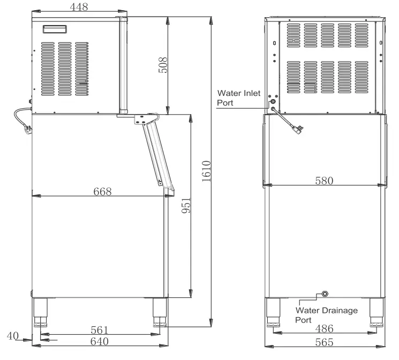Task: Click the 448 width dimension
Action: [79, 6]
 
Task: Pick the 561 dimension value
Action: [100, 329]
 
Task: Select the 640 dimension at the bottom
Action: [100, 341]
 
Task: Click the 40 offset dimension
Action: [13, 336]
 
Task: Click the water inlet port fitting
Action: [274, 101]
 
